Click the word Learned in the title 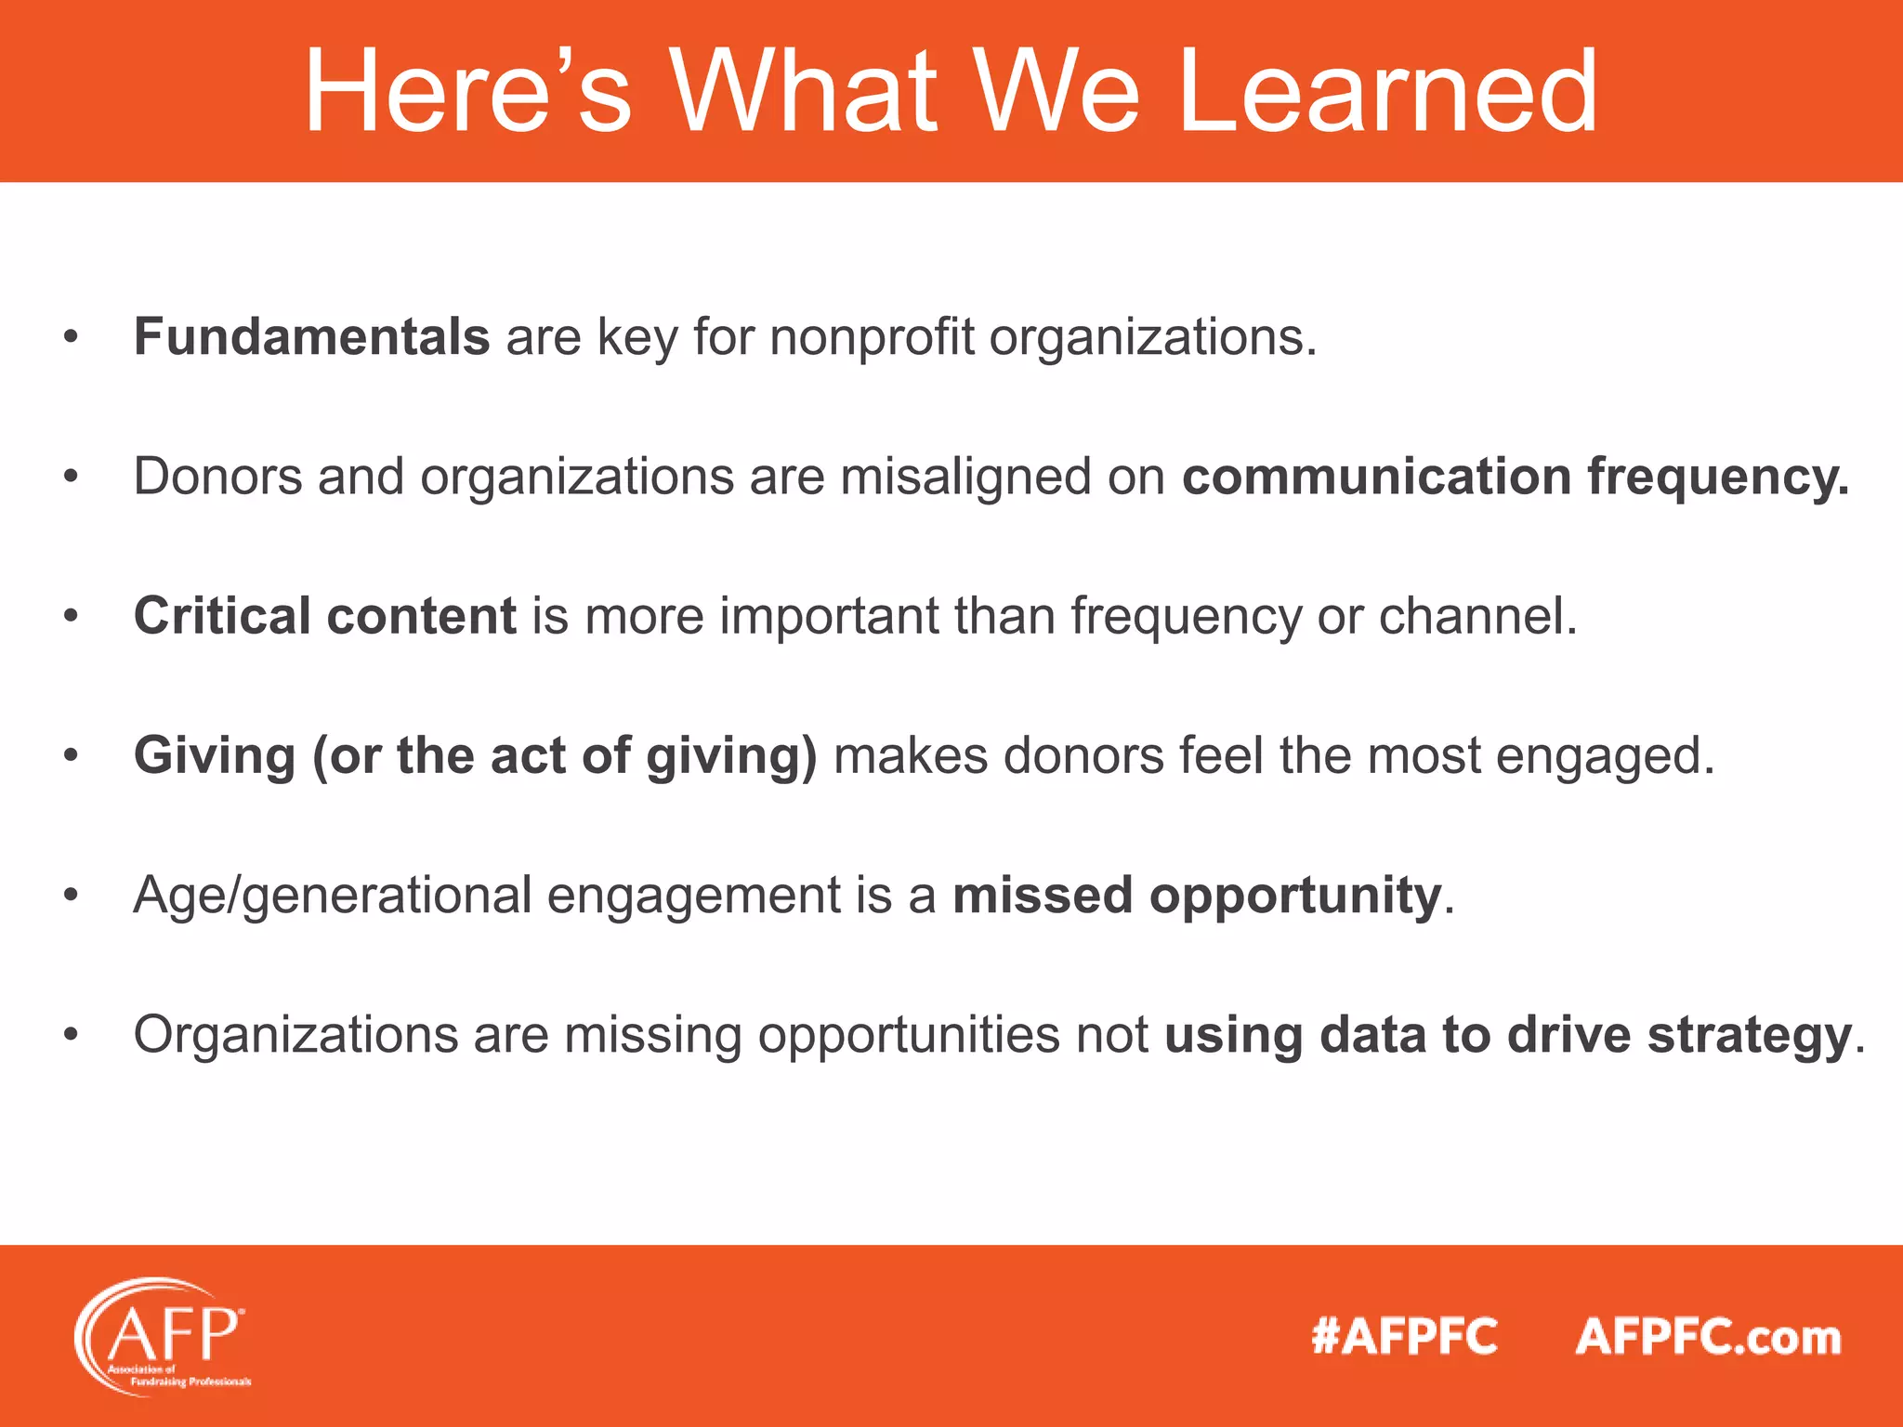[1386, 91]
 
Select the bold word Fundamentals [311, 336]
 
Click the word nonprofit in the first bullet [872, 336]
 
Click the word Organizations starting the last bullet [295, 1035]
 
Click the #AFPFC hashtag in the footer [1404, 1337]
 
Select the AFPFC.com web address [1708, 1337]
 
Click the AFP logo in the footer [164, 1336]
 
